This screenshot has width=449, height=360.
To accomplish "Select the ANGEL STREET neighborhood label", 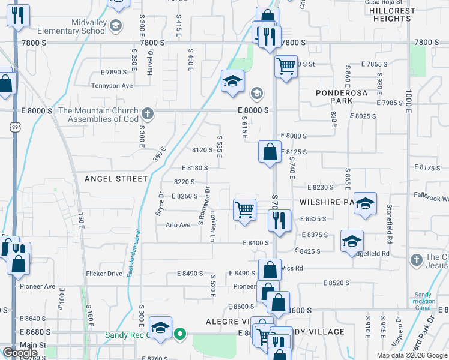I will pos(116,179).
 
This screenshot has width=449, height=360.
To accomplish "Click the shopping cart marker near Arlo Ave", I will pos(244,211).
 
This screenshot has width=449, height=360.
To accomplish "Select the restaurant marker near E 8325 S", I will pos(279,220).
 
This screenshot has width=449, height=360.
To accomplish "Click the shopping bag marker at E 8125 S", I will pos(270,151).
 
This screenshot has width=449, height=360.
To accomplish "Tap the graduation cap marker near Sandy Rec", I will pos(160,328).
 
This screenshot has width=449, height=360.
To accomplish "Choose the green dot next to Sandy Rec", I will pos(179,334).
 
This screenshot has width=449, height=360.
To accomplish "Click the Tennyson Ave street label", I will pos(112,86).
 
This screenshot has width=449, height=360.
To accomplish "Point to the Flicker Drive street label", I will pos(105,274).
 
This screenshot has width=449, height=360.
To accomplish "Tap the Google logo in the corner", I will pos(20,353).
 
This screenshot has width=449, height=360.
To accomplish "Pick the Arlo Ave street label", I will pos(178,225).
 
